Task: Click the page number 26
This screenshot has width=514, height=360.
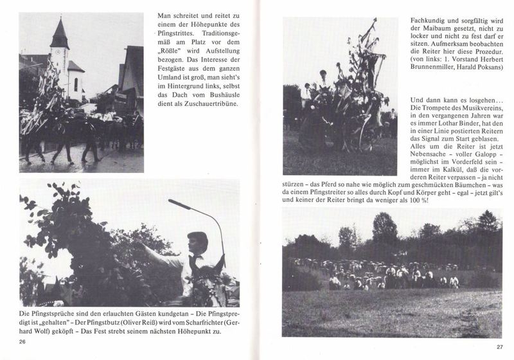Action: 22,341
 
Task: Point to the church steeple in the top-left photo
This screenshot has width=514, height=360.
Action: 59,35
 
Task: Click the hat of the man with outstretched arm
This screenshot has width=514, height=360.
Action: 197,237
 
